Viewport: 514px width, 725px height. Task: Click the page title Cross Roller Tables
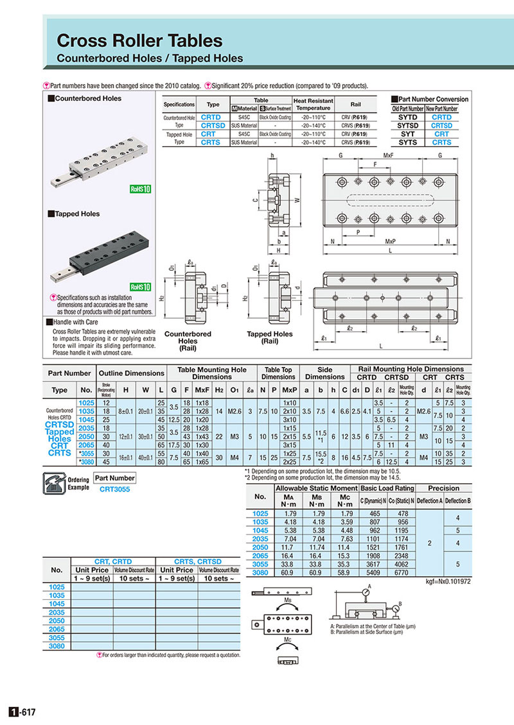coord(139,41)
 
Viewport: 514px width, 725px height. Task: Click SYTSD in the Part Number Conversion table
coord(409,126)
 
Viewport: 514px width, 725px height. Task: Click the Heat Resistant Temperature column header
coord(313,104)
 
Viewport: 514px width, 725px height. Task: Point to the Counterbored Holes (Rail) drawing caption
coord(188,342)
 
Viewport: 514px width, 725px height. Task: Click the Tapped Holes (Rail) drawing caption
coord(270,337)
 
